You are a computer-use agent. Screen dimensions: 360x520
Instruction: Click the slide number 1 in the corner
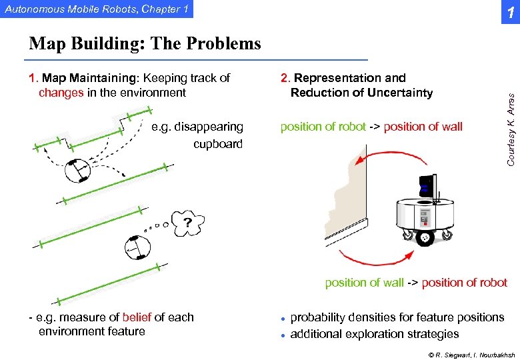click(x=509, y=12)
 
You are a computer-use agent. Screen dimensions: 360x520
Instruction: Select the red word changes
click(x=61, y=93)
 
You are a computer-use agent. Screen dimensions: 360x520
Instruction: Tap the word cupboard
click(x=218, y=144)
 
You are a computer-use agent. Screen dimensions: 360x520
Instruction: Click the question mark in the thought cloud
click(x=188, y=221)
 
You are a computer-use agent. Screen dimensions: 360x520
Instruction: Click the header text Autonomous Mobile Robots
click(x=93, y=9)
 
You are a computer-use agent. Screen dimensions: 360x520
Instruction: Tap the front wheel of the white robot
click(x=424, y=238)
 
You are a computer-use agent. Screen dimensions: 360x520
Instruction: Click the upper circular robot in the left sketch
click(x=78, y=171)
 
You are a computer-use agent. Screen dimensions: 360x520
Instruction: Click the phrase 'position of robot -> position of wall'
click(x=371, y=127)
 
